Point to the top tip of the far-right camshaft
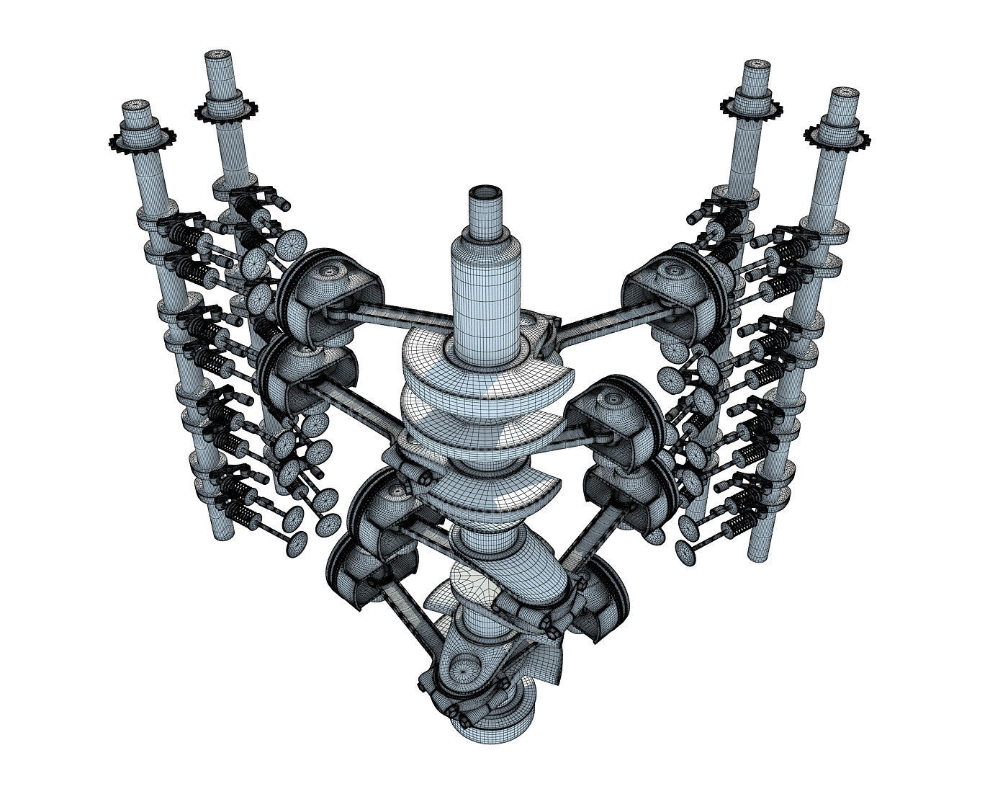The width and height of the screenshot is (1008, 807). tap(843, 94)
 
